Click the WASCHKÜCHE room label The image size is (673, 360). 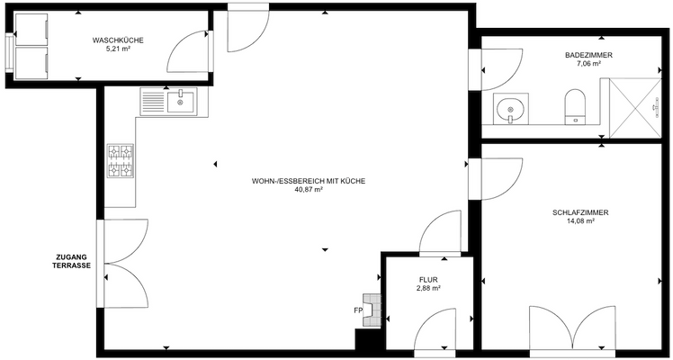coord(118,40)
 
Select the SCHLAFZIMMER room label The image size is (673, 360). coord(580,212)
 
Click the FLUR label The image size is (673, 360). coord(427,279)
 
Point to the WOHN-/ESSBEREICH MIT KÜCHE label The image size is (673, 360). coord(309,180)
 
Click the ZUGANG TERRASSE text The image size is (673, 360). coord(71,262)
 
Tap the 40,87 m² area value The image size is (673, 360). coord(309,190)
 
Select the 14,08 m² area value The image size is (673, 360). coord(580,221)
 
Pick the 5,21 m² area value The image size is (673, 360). coord(118,50)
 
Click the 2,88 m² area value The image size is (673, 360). coord(427,289)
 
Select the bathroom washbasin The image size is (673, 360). coord(513,111)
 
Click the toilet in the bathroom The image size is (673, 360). coord(574,103)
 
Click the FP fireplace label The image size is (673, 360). coord(358,310)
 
